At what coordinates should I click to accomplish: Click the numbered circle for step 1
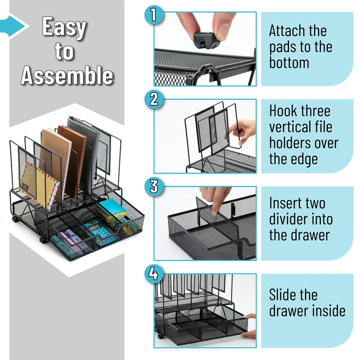coord(154,15)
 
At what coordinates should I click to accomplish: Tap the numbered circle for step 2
coord(154,99)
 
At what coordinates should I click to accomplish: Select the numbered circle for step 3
coord(154,186)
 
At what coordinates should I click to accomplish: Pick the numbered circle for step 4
coord(154,274)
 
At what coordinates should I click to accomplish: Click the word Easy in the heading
coord(64,27)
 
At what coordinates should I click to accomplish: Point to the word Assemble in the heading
coord(67,75)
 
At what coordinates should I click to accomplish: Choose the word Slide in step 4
coord(284,295)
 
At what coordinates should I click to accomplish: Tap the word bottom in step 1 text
coord(289,63)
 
